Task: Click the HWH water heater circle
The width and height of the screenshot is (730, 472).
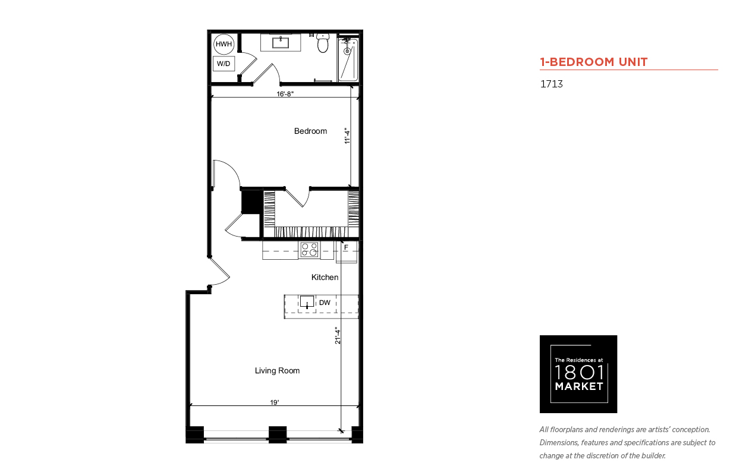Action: click(x=224, y=44)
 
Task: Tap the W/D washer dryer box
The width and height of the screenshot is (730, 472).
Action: click(x=224, y=64)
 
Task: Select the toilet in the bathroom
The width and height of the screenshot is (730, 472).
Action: click(x=323, y=43)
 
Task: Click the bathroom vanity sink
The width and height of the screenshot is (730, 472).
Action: click(x=281, y=43)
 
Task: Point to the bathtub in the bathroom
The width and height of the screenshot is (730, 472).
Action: click(x=348, y=59)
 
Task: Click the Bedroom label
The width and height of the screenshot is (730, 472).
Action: click(x=310, y=131)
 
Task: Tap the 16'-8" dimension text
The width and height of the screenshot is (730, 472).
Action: click(x=285, y=94)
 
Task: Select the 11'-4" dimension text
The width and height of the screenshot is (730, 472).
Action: click(x=347, y=136)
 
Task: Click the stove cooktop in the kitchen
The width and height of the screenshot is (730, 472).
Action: click(x=309, y=250)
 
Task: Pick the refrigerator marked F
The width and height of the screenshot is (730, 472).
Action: click(x=347, y=251)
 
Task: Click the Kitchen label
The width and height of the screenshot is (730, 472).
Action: click(x=325, y=278)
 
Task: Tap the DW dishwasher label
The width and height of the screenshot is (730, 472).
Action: click(x=325, y=303)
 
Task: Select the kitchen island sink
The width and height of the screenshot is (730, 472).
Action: click(x=307, y=301)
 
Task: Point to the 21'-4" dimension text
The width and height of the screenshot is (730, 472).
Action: click(x=337, y=335)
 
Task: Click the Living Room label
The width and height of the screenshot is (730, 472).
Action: click(x=277, y=370)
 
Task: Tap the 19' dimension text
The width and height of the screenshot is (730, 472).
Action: click(x=275, y=402)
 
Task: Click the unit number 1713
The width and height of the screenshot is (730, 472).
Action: click(x=552, y=84)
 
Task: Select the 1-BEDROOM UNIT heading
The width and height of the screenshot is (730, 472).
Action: click(x=594, y=62)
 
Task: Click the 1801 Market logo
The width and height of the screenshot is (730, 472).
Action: click(x=578, y=374)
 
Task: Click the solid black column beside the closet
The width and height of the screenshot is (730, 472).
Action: click(x=252, y=202)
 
